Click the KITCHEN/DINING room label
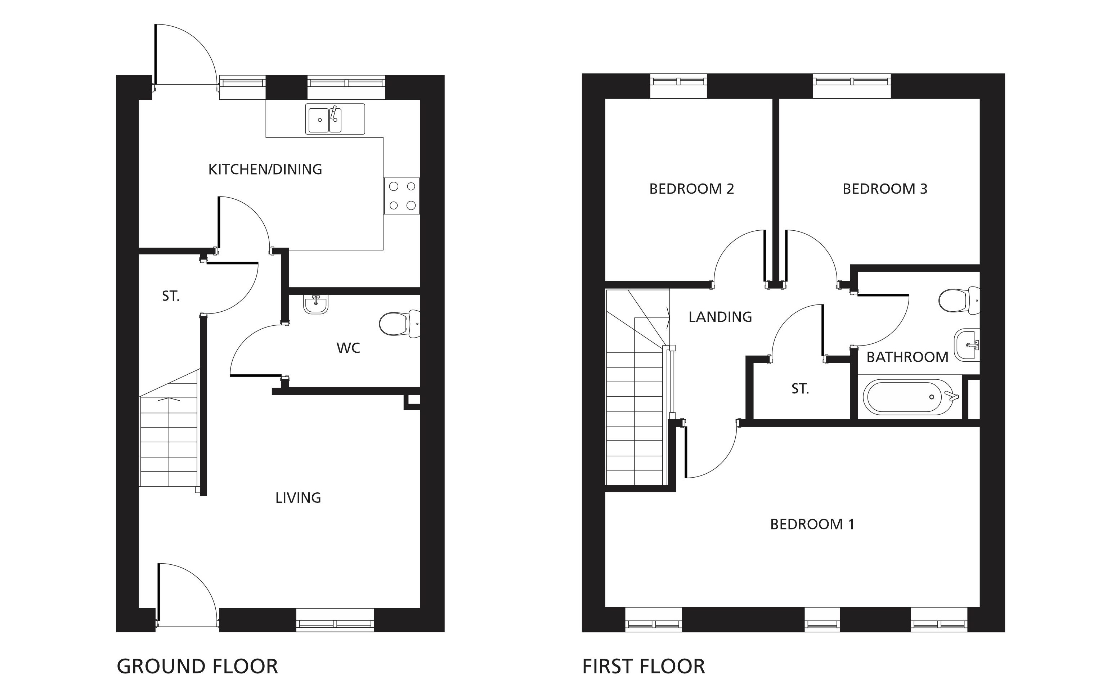[265, 170]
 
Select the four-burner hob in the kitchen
[402, 196]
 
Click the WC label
[348, 348]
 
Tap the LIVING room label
[298, 498]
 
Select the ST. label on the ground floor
[171, 297]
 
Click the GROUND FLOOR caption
[197, 667]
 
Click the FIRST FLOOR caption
[643, 667]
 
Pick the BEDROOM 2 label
[691, 189]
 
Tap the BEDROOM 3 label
[885, 189]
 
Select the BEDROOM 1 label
[812, 524]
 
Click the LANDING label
[720, 317]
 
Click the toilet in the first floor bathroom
[959, 301]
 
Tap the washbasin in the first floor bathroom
[967, 345]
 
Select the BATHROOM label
[907, 357]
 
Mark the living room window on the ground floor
[335, 620]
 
